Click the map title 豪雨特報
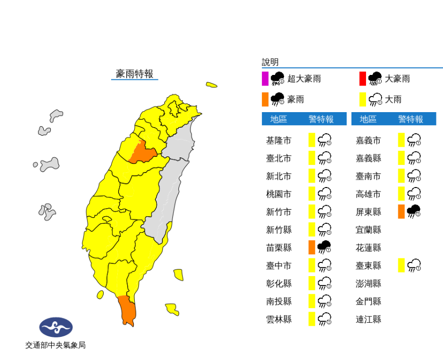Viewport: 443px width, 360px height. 134,73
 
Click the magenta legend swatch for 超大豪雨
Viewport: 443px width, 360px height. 265,79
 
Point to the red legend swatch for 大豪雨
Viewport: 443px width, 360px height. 363,79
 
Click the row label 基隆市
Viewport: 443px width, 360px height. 279,140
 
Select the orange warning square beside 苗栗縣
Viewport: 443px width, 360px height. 312,247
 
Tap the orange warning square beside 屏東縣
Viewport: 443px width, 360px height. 401,212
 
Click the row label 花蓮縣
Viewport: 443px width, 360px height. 368,247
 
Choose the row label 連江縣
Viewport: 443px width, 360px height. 368,319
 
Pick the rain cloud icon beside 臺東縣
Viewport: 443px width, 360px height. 414,265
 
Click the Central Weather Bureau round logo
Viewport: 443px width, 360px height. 56,327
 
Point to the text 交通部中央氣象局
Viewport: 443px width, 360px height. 56,345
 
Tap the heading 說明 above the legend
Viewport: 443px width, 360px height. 270,62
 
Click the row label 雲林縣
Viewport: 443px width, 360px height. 279,319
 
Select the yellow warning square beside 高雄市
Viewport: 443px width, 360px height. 401,194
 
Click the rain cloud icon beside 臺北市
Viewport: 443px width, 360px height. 325,158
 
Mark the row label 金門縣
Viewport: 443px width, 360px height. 368,301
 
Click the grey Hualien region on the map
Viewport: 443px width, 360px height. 168,196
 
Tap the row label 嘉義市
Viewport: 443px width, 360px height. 368,140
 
